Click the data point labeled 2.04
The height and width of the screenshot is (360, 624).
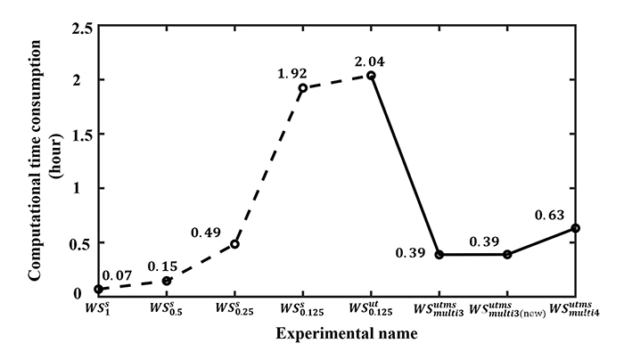[x=371, y=76]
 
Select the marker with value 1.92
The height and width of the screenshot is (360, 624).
[x=303, y=88]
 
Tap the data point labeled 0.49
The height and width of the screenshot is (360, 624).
[x=234, y=244]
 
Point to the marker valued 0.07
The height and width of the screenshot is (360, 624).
[x=98, y=289]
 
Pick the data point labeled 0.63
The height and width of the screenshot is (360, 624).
[x=576, y=228]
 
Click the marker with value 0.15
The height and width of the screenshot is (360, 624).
[x=167, y=281]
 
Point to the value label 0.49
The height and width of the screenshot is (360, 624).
[x=207, y=233]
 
